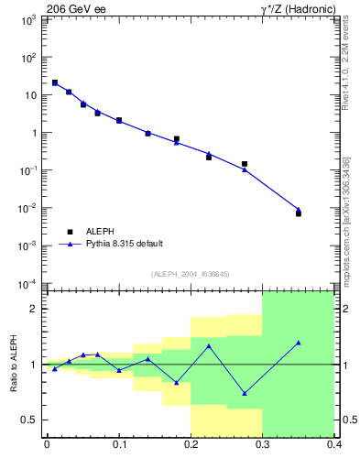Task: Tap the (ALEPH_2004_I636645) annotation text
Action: tap(190, 273)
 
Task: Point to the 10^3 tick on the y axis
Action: tap(29, 19)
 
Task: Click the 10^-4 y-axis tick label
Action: tap(29, 283)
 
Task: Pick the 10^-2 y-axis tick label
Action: tap(29, 208)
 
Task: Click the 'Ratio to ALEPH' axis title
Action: tap(12, 364)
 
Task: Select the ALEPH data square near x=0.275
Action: tap(245, 164)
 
